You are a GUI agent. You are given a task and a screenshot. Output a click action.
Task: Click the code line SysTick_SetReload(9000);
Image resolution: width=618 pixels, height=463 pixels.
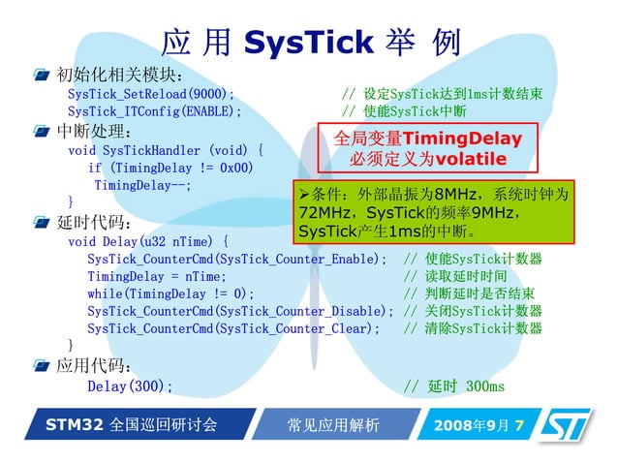151,94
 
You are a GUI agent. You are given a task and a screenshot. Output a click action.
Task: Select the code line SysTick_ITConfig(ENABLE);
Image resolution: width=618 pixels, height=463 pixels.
154,111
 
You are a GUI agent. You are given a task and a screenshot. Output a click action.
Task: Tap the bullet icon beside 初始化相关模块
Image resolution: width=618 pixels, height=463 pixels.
41,76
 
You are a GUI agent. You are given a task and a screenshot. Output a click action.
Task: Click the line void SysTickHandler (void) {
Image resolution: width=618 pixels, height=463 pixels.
165,150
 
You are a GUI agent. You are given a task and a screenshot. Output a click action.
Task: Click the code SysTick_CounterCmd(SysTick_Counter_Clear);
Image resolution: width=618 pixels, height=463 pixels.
233,328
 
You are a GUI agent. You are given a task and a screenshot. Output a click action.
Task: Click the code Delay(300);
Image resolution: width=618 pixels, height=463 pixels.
130,386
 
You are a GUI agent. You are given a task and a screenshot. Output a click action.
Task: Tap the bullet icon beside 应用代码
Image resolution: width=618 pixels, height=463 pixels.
41,365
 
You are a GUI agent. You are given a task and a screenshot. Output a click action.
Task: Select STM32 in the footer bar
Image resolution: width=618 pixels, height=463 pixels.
75,425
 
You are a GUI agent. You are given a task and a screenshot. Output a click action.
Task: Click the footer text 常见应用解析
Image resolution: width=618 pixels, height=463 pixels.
333,426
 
